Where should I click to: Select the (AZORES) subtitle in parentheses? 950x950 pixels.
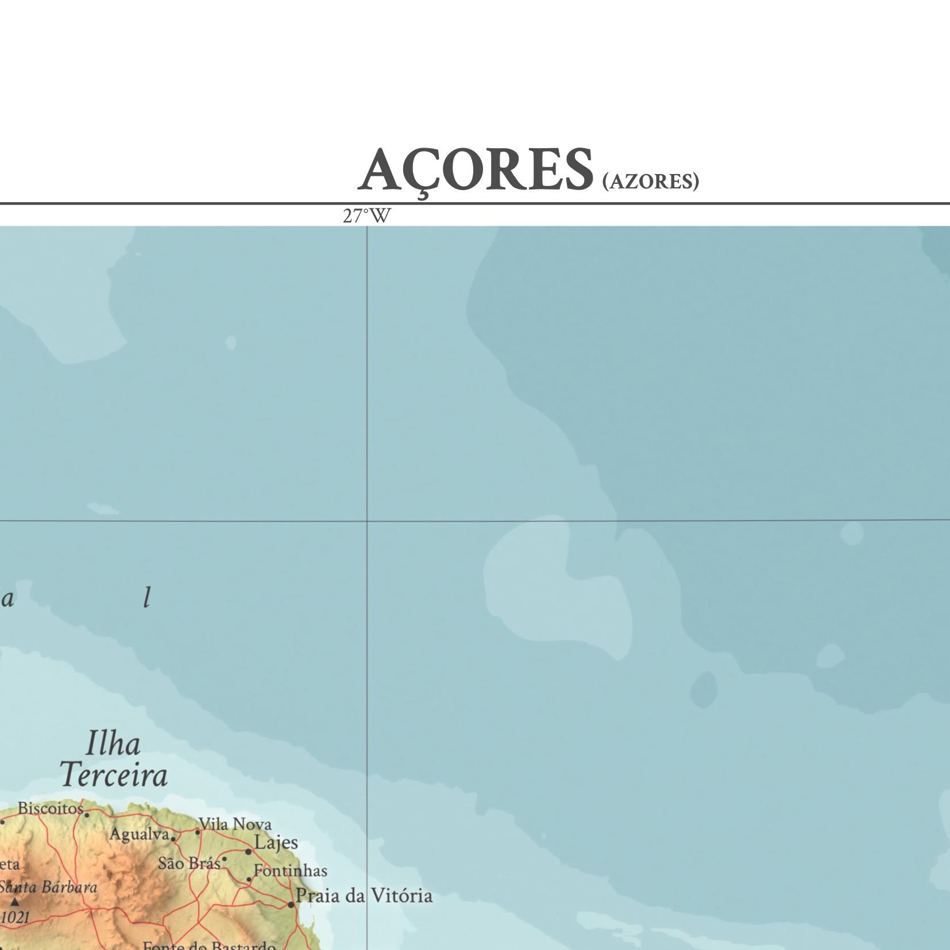click(650, 181)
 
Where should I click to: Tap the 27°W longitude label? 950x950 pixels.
click(366, 217)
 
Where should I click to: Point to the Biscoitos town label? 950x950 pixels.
click(51, 808)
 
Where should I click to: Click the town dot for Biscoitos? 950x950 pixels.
click(87, 814)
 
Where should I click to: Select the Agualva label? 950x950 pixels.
click(140, 834)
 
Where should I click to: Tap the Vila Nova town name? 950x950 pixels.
click(235, 825)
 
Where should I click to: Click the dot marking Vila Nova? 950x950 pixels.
click(198, 831)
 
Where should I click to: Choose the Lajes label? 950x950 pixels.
click(276, 843)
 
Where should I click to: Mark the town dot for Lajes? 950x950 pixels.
click(248, 851)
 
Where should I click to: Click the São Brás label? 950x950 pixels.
click(189, 863)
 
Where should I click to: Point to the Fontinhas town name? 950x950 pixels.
click(291, 871)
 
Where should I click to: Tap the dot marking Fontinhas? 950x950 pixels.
click(249, 879)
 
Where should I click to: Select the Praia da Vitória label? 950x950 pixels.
click(364, 895)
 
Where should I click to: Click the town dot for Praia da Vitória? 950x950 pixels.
click(291, 904)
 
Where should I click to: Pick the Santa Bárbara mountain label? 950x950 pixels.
click(48, 887)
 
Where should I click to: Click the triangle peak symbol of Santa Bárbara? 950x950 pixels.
click(15, 901)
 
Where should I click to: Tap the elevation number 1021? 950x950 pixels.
click(15, 917)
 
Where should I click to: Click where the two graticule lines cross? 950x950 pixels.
click(367, 521)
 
